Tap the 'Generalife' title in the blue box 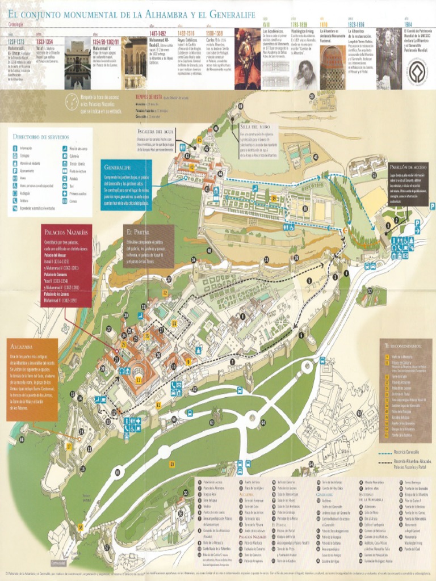pyautogui.click(x=118, y=168)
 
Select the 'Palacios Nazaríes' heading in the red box pyautogui.click(x=66, y=233)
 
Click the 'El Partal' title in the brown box pyautogui.click(x=138, y=232)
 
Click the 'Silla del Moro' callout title pyautogui.click(x=255, y=127)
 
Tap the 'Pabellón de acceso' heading pyautogui.click(x=408, y=168)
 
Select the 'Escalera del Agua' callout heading pyautogui.click(x=155, y=132)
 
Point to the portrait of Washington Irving pyautogui.click(x=305, y=74)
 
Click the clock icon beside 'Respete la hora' pyautogui.click(x=72, y=102)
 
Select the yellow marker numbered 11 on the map pyautogui.click(x=139, y=379)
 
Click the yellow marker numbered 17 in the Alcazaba pyautogui.click(x=69, y=447)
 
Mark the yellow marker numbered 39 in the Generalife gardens pyautogui.click(x=274, y=199)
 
